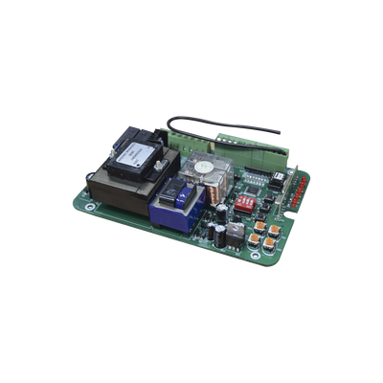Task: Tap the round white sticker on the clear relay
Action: click(x=203, y=164)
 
